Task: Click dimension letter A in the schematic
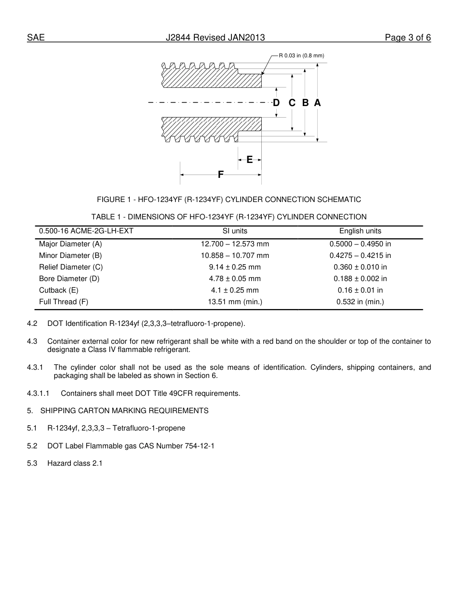tap(317, 103)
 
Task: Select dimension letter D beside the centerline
tap(276, 103)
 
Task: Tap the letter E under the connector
tap(249, 160)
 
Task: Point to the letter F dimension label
tap(221, 175)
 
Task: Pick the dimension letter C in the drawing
tap(292, 103)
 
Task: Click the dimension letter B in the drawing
tap(305, 103)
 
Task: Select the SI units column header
tap(235, 231)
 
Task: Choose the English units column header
tap(360, 231)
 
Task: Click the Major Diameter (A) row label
tap(70, 244)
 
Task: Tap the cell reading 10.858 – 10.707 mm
tap(235, 256)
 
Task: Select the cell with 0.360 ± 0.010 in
tap(360, 267)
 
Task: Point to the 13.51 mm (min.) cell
tap(235, 302)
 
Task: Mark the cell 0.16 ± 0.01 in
tap(360, 290)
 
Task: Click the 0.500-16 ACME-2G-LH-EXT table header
tap(86, 231)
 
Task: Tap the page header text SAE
tap(36, 38)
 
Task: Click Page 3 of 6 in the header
tap(407, 38)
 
